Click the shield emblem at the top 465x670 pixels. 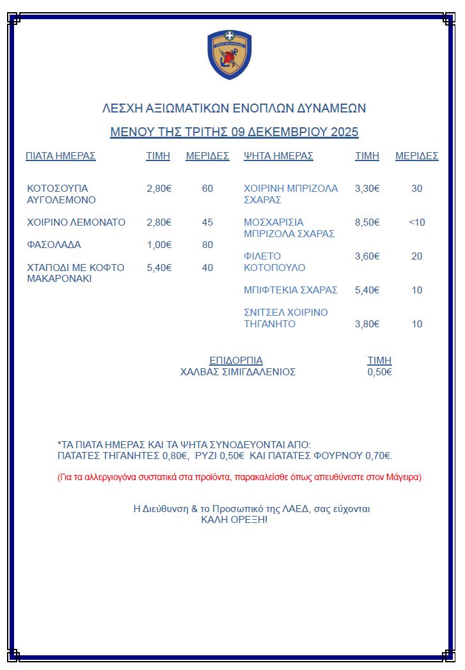tap(230, 54)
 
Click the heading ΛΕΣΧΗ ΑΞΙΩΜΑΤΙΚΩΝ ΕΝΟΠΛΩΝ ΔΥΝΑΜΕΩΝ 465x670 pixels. tap(234, 108)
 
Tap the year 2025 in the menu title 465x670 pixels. tap(344, 132)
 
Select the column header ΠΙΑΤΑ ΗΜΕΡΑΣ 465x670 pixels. tap(61, 156)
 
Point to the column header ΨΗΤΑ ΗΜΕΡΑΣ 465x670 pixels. tap(278, 156)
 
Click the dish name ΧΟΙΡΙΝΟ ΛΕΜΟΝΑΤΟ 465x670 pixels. tap(76, 222)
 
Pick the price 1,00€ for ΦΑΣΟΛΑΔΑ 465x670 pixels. tap(159, 245)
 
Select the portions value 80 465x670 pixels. tap(207, 245)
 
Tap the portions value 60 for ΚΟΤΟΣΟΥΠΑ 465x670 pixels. tap(207, 189)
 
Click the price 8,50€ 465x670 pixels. tap(367, 222)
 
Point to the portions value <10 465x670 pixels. tap(417, 222)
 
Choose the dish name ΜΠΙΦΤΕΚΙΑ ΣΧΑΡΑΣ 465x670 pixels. tap(290, 290)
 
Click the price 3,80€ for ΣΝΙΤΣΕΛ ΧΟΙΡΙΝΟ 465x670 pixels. tap(367, 324)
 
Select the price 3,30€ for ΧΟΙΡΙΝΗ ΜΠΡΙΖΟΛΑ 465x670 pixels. tap(367, 189)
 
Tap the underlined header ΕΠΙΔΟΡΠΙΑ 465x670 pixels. tap(236, 361)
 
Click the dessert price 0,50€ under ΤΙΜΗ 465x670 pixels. tap(379, 372)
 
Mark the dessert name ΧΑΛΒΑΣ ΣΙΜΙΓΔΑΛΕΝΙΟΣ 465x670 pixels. tap(238, 372)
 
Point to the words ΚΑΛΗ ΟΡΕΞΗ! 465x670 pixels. tap(234, 520)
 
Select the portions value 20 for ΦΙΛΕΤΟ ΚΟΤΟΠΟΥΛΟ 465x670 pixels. tap(417, 256)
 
